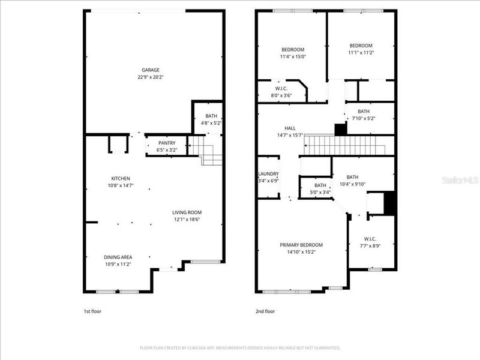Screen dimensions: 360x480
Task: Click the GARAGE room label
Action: [x=151, y=70]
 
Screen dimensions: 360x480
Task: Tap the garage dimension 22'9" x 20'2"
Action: [x=151, y=77]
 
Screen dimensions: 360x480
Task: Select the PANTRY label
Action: [x=167, y=143]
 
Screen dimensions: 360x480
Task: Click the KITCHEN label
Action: [x=121, y=178]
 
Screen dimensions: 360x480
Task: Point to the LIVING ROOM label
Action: [x=187, y=212]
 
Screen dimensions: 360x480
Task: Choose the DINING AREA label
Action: [x=118, y=257]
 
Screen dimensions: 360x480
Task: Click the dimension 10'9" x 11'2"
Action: [x=118, y=264]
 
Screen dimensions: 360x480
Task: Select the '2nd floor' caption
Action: [x=265, y=311]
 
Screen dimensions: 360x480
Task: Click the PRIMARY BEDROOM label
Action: [x=301, y=245]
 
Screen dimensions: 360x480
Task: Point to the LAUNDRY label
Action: [x=268, y=174]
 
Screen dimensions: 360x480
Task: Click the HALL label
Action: [x=290, y=128]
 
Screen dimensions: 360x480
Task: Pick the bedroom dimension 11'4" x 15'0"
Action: [x=292, y=57]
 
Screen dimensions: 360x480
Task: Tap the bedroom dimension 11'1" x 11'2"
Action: [x=361, y=53]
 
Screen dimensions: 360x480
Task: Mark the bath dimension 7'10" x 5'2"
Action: [x=364, y=119]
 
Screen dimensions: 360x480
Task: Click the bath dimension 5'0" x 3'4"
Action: [x=320, y=193]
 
